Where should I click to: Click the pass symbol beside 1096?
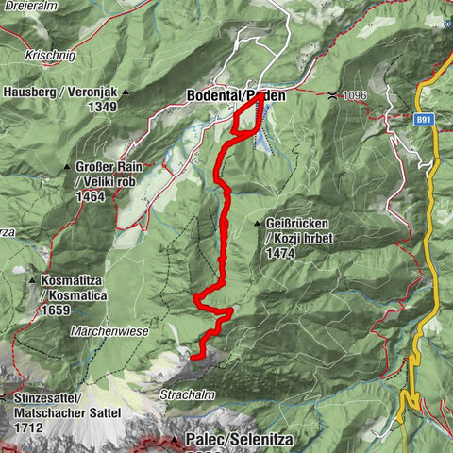tap(333, 95)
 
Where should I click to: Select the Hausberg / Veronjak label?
tap(59, 92)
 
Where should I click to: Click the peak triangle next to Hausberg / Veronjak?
tap(125, 92)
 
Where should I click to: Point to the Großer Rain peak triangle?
tap(66, 167)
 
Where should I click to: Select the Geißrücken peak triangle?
tap(257, 223)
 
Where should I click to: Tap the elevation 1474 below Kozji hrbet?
tap(284, 254)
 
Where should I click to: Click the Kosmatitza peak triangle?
tap(33, 280)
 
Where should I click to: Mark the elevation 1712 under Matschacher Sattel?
tap(29, 428)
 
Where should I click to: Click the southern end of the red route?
tap(193, 358)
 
